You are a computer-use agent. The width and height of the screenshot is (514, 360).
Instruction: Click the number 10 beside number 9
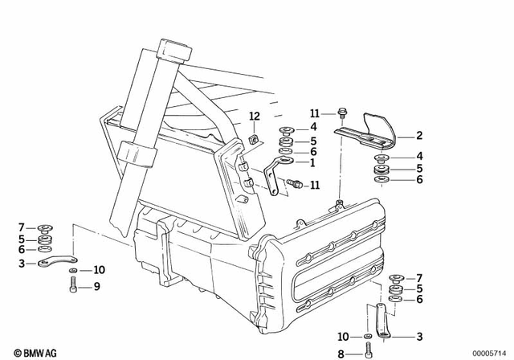coord(99,269)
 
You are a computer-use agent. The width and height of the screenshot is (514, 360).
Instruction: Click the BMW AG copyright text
coord(32,351)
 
